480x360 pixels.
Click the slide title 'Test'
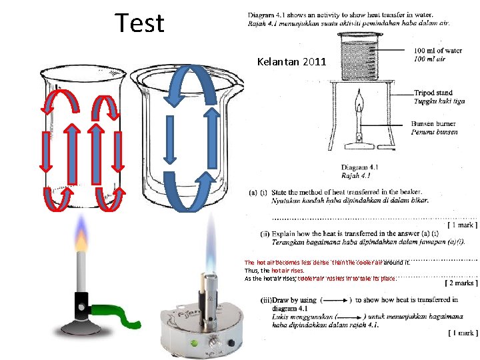point(139,23)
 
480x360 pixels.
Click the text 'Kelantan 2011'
point(291,62)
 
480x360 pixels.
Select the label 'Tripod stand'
point(433,93)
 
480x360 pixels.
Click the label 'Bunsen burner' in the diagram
point(437,124)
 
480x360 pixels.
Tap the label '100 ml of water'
point(437,51)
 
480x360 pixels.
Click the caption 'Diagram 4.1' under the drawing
point(360,167)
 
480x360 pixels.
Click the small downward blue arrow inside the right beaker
point(171,139)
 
